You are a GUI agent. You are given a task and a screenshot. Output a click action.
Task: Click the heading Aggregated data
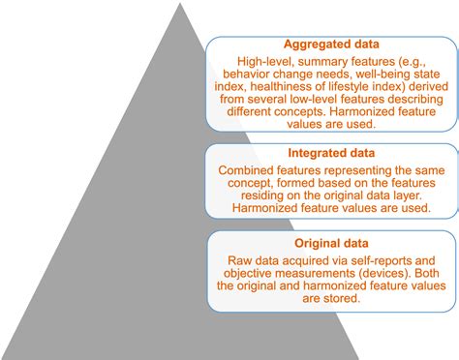(332, 44)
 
